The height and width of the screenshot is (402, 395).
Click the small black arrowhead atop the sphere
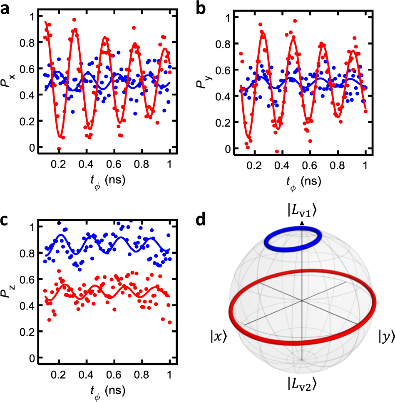tap(302, 224)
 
